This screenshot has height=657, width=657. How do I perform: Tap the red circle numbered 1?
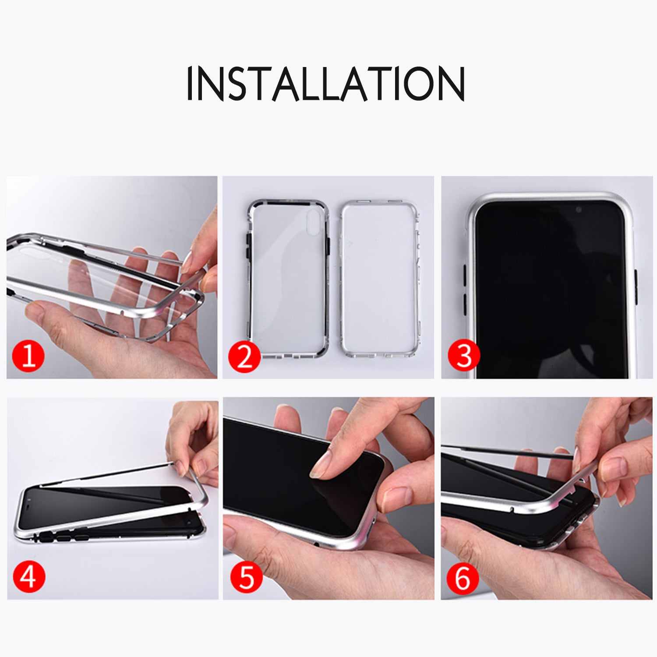28,355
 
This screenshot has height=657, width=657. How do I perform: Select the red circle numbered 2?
244,357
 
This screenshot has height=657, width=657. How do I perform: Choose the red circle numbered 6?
463,578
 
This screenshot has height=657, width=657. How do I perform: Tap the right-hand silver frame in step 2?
379,279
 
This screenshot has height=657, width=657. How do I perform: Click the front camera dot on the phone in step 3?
579,210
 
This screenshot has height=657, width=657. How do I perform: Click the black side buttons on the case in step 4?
66,537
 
